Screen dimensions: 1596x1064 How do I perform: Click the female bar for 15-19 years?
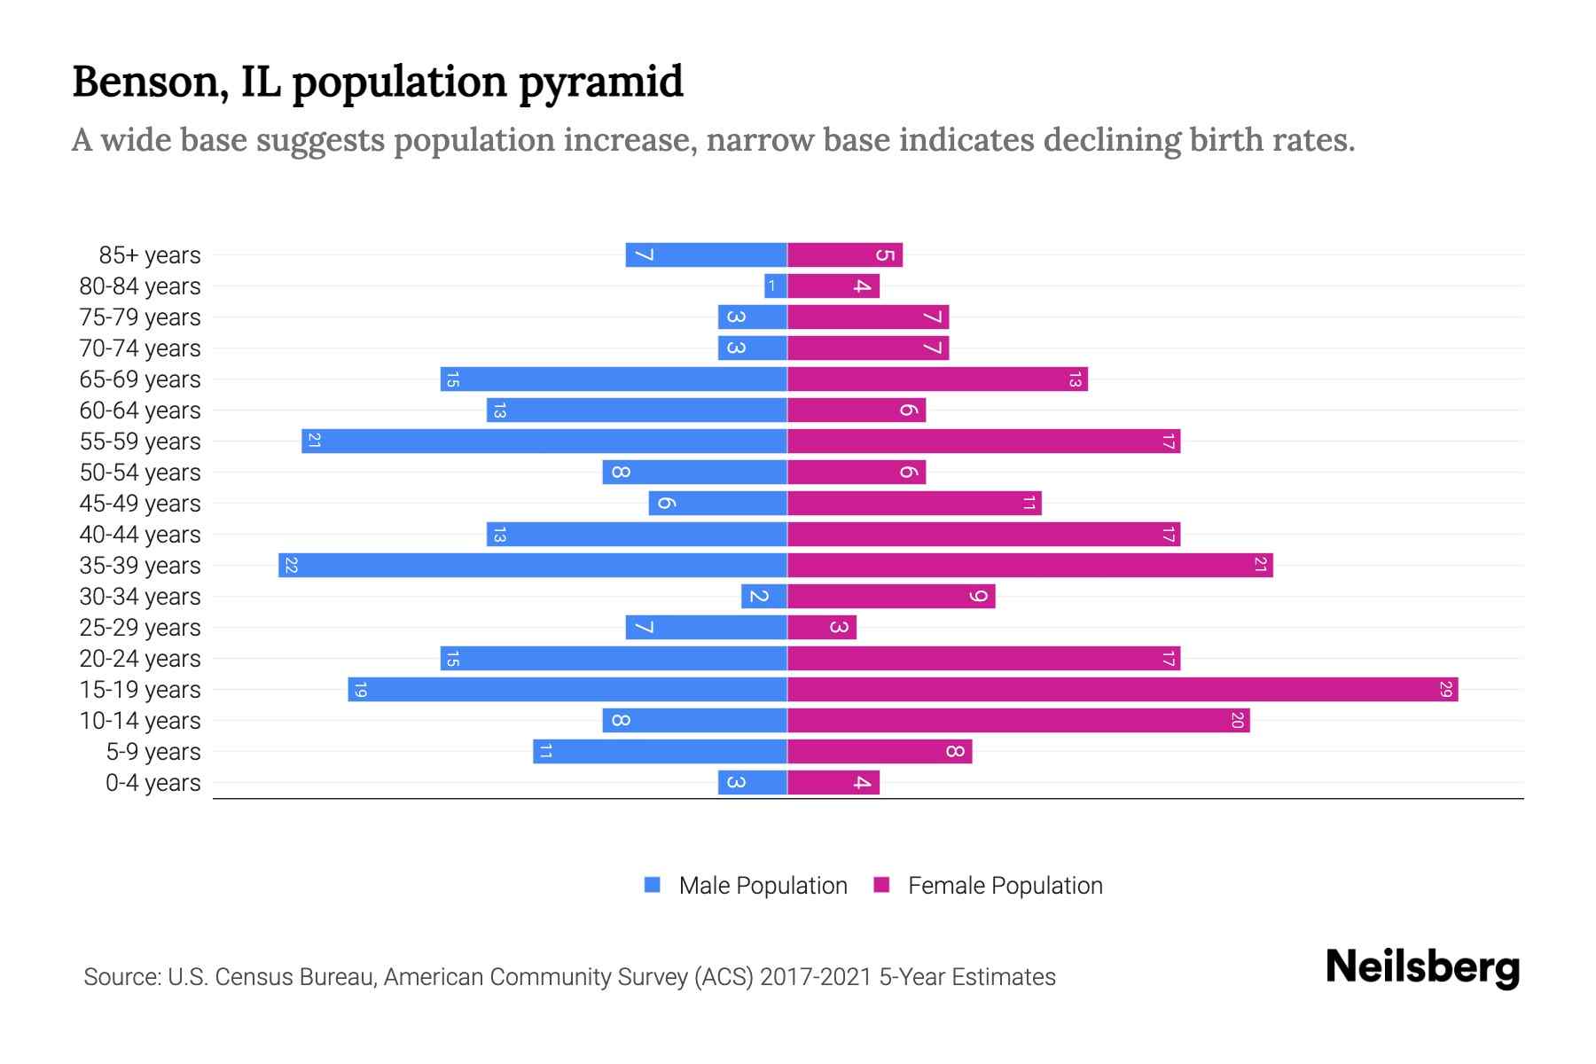point(1123,690)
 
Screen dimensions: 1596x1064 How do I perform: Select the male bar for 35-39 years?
point(532,566)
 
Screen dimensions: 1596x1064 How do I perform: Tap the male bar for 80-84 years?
point(776,286)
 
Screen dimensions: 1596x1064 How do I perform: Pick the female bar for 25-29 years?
point(822,628)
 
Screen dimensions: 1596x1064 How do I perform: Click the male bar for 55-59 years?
point(544,442)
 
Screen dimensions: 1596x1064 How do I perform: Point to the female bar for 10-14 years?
point(1018,721)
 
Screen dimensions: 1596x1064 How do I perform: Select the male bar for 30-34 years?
point(764,597)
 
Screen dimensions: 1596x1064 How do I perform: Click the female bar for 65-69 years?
point(937,379)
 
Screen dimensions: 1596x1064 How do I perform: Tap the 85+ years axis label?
point(150,255)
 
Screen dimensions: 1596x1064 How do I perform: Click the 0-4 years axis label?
point(153,783)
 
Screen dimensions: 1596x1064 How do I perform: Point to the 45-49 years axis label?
point(140,504)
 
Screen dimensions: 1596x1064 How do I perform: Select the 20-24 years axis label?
point(140,659)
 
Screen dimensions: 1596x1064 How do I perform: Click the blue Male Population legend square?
point(653,885)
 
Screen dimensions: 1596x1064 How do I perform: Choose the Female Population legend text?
point(1005,886)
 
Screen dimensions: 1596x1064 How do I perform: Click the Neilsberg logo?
point(1422,967)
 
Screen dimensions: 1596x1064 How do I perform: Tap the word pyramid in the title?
point(600,82)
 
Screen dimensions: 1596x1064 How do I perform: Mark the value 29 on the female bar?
point(1445,690)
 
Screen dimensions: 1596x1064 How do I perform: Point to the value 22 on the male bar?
point(291,566)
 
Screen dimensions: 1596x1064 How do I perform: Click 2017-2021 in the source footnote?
point(815,977)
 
